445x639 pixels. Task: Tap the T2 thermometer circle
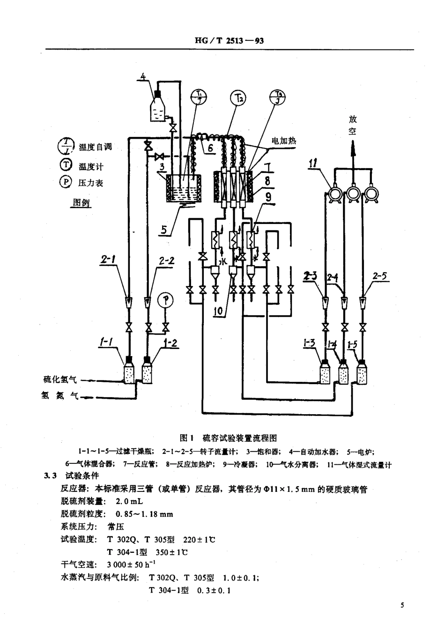(x=238, y=98)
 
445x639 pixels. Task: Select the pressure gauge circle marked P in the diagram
(x=164, y=300)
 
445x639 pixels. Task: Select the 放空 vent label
(x=352, y=125)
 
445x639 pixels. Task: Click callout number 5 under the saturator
(x=164, y=230)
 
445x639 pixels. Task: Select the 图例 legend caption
(x=81, y=202)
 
